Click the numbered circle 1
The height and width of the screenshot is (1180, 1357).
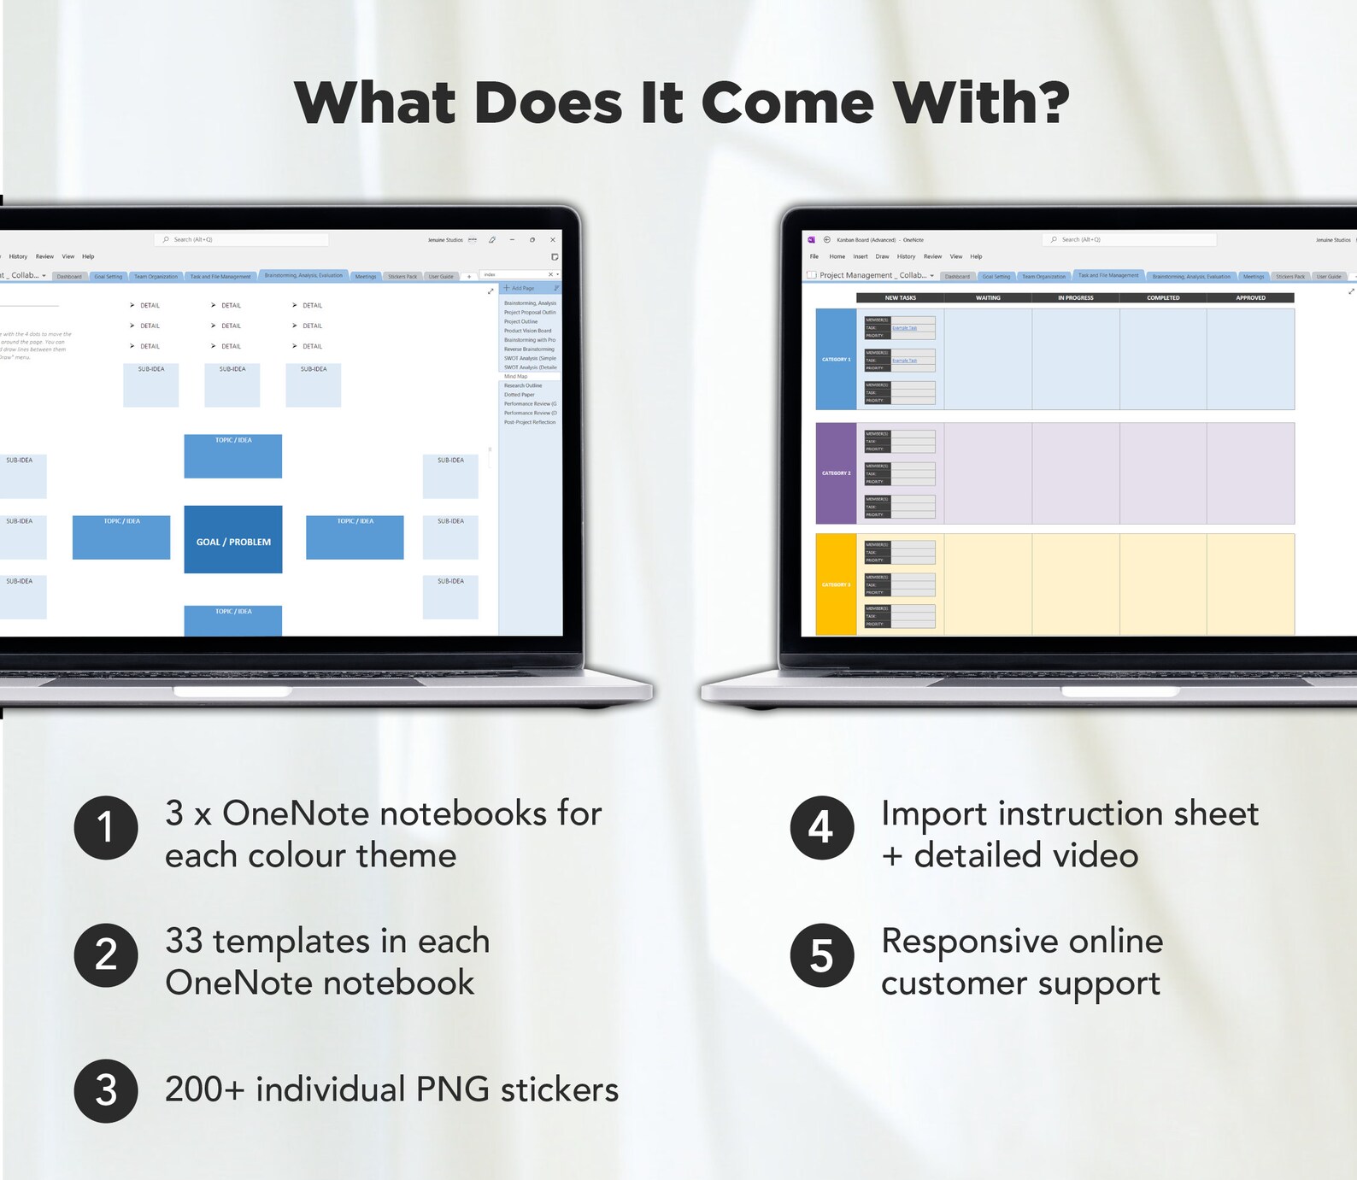106,827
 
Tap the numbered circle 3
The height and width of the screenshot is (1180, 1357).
106,1090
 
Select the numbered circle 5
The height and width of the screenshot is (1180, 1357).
821,955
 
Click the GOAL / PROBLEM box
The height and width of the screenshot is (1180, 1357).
233,541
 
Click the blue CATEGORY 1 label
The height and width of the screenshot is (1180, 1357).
836,360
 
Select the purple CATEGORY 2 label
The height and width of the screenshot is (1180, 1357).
836,473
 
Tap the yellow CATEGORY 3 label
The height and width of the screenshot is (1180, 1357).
836,585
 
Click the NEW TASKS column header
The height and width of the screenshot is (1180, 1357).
900,298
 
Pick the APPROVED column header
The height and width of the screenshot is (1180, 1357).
1250,298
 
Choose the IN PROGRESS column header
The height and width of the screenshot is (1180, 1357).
1075,298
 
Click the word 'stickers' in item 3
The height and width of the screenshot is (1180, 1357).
559,1090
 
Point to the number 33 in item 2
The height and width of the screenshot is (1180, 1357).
184,942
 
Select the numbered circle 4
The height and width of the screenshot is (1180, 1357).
821,827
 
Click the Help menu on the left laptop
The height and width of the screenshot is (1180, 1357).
88,256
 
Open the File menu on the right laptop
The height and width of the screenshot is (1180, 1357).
814,256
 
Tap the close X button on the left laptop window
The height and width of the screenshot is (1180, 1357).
553,240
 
